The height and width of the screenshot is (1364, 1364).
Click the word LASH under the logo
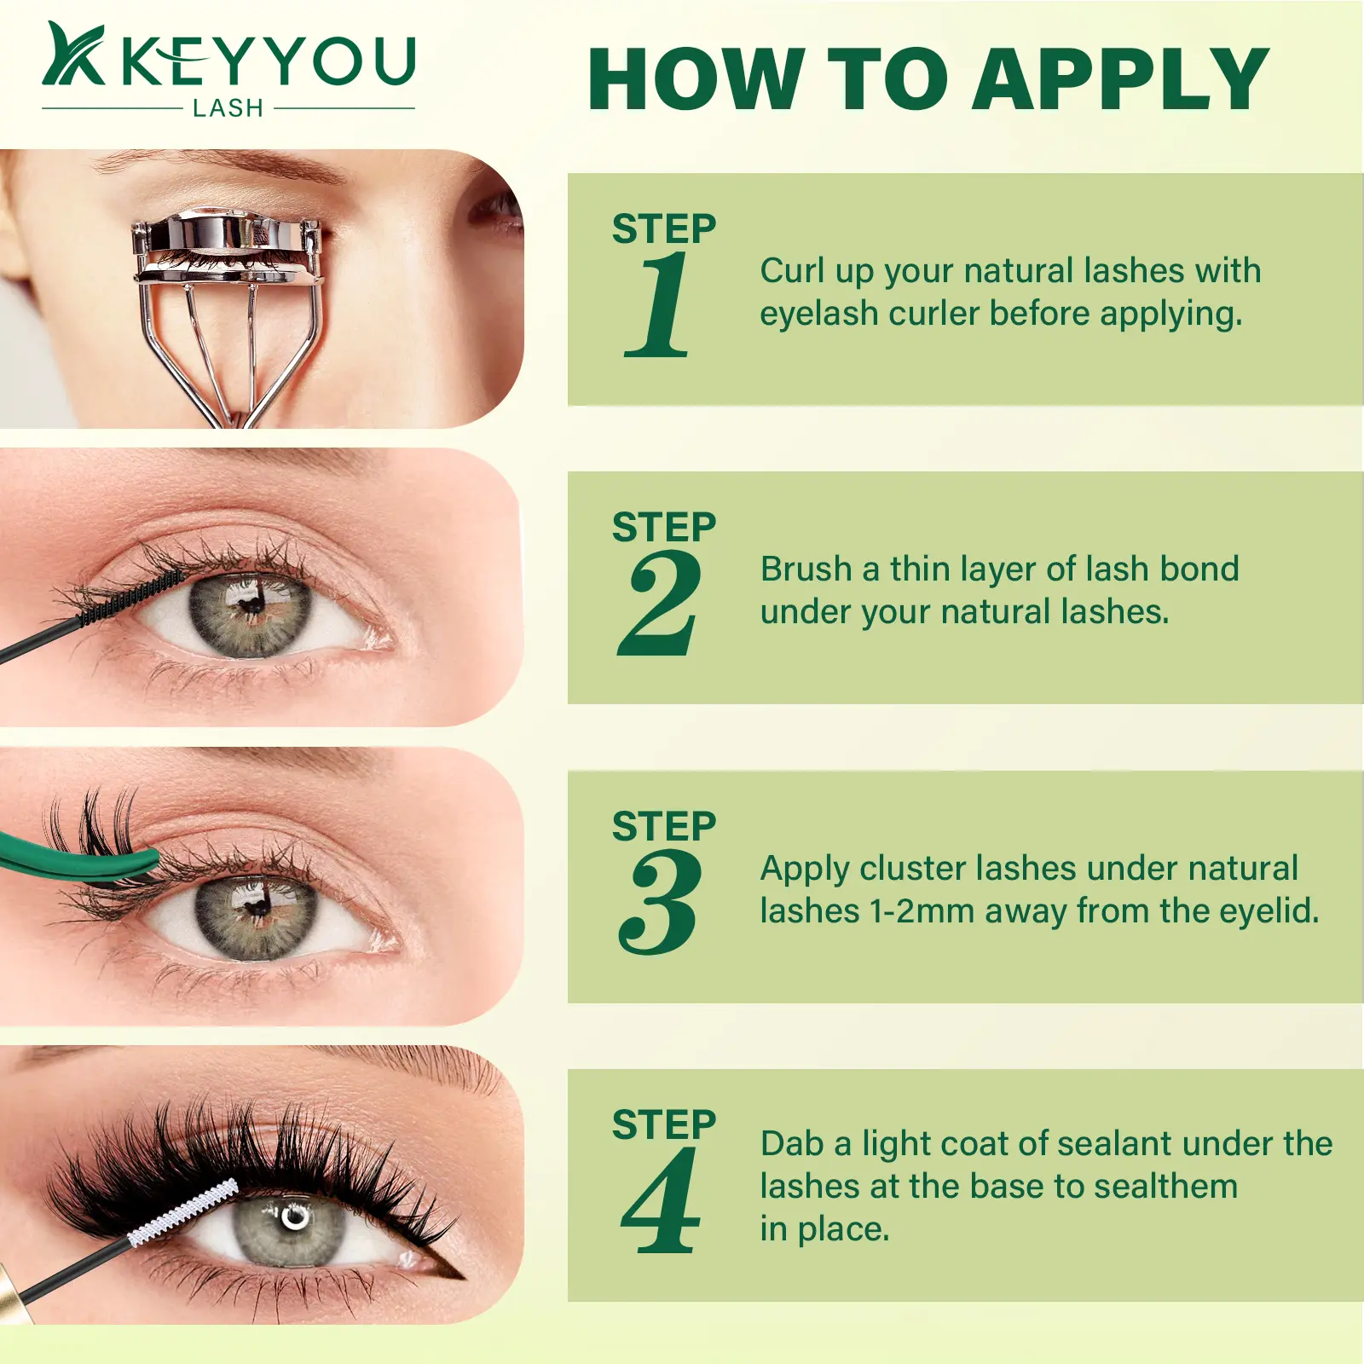click(228, 108)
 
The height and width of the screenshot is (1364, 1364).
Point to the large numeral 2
click(659, 604)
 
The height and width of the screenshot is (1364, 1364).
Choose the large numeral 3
click(660, 902)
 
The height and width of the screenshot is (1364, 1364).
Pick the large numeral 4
click(661, 1200)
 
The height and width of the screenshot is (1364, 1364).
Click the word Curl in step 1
click(792, 270)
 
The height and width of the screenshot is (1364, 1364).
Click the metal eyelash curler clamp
click(227, 247)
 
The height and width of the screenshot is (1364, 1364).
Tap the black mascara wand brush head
click(130, 598)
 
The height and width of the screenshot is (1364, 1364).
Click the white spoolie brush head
click(183, 1212)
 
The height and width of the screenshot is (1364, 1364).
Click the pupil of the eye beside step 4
click(293, 1217)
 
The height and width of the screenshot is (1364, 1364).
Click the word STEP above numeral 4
click(664, 1124)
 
